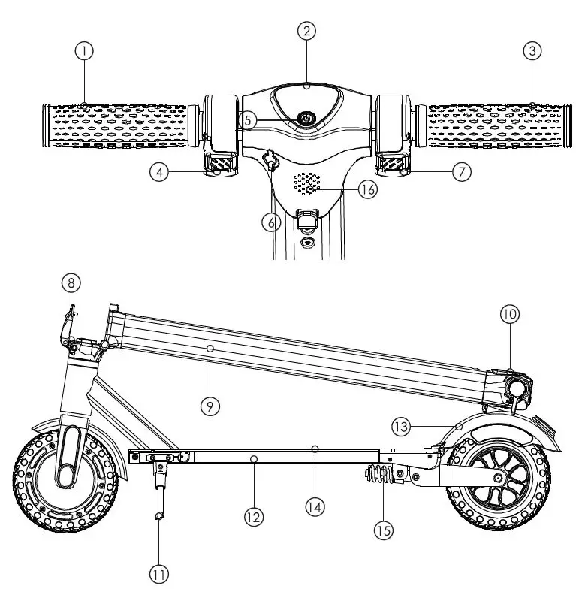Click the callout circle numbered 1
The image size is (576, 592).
click(86, 51)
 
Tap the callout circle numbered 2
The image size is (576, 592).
click(306, 32)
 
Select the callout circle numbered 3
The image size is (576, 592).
click(532, 51)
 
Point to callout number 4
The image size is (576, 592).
click(158, 172)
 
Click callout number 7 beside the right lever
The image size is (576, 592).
click(462, 172)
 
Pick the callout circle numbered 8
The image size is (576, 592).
click(71, 283)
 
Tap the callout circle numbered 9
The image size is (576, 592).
click(210, 406)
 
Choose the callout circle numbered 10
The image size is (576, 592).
click(510, 315)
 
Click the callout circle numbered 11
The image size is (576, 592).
click(158, 575)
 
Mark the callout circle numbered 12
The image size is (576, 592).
click(253, 516)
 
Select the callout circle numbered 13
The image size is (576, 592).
click(400, 426)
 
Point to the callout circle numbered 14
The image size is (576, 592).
click(315, 507)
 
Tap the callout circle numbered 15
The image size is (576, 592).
click(384, 530)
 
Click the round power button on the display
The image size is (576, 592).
click(306, 119)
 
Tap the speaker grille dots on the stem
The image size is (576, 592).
click(307, 183)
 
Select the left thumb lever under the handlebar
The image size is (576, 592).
click(219, 163)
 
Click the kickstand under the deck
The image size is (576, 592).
click(160, 492)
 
